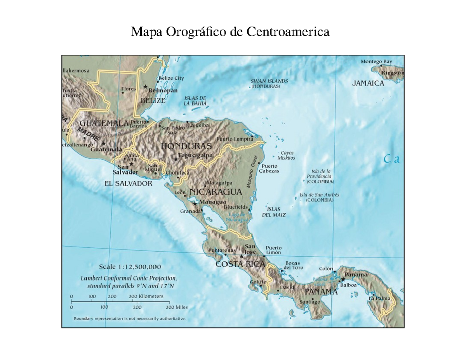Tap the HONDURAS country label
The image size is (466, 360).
pos(186,146)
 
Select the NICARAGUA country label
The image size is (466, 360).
pos(216,192)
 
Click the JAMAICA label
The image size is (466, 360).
pos(368,83)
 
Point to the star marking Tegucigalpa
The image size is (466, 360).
pos(176,159)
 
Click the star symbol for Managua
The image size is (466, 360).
pos(195,203)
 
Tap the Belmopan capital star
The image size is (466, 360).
pos(146,87)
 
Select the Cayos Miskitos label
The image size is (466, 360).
pos(287,155)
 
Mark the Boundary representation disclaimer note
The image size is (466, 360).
pos(130,318)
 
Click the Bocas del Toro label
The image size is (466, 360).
pos(293,265)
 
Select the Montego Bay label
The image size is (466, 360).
pos(376,61)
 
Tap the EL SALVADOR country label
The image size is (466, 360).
pos(129,183)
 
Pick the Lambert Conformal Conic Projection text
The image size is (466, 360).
pos(129,278)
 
